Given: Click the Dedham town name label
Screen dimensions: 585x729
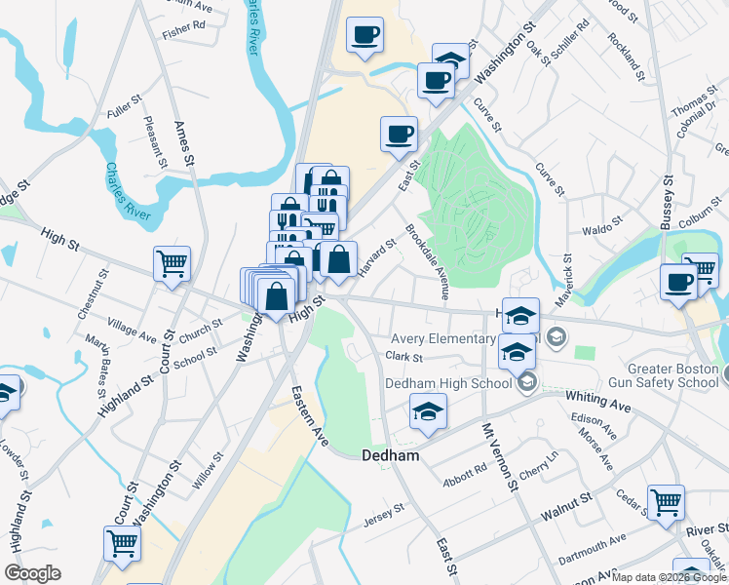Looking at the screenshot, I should click(x=390, y=455).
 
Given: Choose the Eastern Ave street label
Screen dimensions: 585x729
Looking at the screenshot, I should click(x=310, y=416).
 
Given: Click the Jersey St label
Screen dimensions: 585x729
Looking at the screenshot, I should click(x=383, y=513).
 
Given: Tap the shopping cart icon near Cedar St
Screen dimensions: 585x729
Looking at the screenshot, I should click(x=667, y=502).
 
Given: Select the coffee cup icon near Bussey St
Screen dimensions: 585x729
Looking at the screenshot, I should click(x=679, y=282).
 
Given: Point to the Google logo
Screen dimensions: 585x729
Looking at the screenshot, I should click(x=32, y=573).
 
